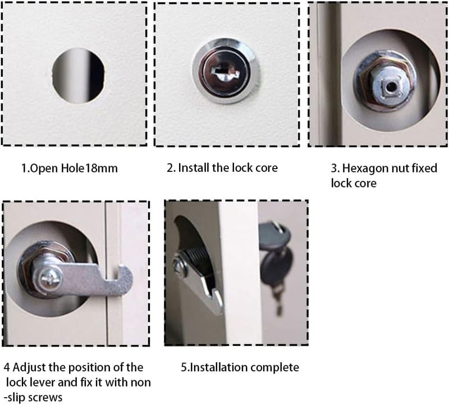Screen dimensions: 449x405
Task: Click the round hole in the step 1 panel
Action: click(78, 76)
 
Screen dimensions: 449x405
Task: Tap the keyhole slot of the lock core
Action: click(226, 72)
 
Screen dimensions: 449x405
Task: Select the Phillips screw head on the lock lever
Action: click(52, 277)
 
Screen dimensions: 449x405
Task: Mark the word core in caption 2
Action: click(266, 169)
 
